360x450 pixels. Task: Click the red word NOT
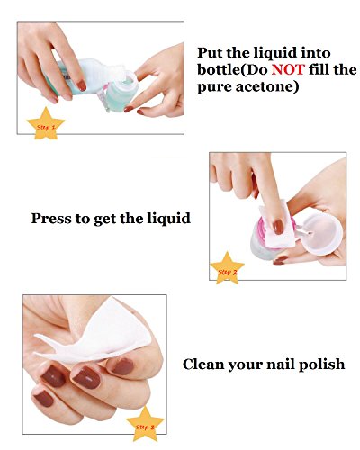tap(288, 70)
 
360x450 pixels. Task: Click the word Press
tap(51, 218)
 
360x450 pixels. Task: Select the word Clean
tap(202, 364)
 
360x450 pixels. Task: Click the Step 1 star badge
tap(46, 124)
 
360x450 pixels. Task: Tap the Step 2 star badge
tap(227, 268)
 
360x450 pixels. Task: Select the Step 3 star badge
tap(145, 424)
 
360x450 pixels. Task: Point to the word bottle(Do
tap(234, 70)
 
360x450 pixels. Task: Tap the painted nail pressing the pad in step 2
tap(278, 227)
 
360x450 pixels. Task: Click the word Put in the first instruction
tap(210, 53)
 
